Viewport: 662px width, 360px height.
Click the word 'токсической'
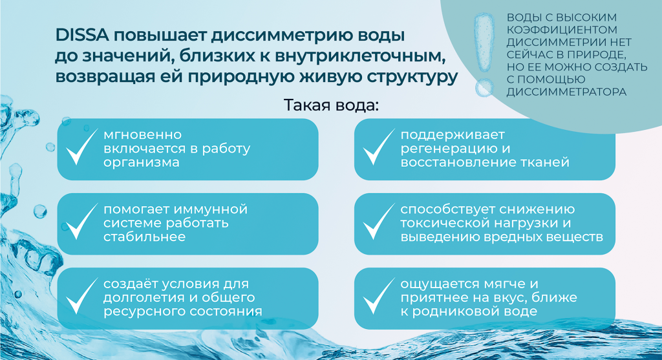click(x=445, y=224)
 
